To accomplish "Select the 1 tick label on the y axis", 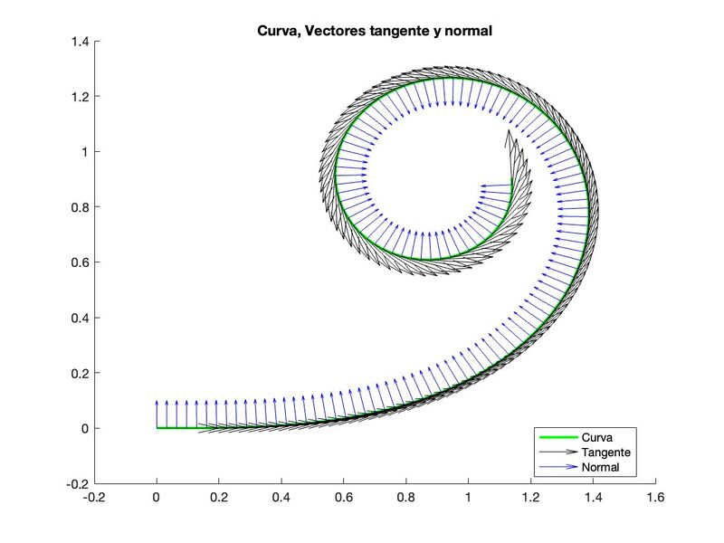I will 86,152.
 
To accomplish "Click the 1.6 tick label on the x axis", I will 655,498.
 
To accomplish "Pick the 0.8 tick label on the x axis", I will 405,498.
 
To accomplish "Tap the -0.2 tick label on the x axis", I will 92,498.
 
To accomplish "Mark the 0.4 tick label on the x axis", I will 281,498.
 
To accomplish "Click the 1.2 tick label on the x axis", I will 530,498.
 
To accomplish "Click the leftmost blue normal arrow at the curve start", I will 157,413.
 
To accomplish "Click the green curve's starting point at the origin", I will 157,428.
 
